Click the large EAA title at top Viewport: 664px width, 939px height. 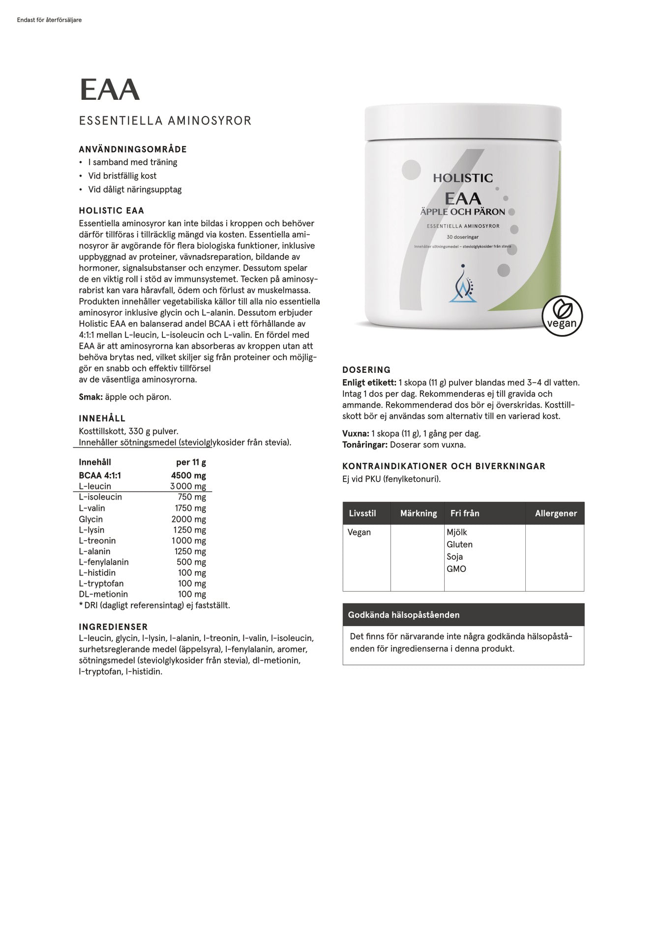pos(110,90)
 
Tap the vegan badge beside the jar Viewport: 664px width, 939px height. pos(562,316)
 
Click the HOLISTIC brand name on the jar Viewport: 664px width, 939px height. pos(462,178)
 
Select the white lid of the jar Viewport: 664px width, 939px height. pos(462,122)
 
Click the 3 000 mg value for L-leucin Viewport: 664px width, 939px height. pos(188,486)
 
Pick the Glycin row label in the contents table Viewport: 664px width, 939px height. pos(91,519)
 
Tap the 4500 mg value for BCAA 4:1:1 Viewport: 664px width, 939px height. pos(188,475)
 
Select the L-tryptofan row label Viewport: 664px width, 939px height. pos(101,583)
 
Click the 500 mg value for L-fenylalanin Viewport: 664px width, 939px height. pos(191,562)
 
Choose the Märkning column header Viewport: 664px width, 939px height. pos(418,513)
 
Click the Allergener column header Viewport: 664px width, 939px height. pos(556,513)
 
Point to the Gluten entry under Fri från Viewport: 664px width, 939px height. pos(459,544)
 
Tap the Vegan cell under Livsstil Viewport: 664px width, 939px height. pos(359,532)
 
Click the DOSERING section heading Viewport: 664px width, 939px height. pos(366,370)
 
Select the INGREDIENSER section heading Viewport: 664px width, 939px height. pos(113,627)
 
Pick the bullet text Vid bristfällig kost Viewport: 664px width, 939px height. pos(122,176)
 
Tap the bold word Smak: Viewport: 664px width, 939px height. pos(91,397)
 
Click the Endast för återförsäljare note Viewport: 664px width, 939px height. pos(49,20)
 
